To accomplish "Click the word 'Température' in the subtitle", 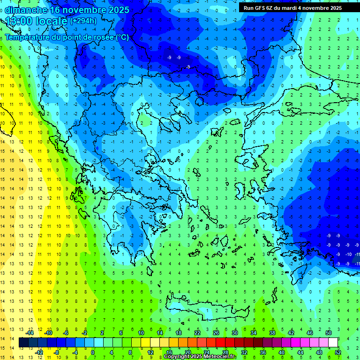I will (27, 37).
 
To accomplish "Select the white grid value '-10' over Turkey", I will (348, 254).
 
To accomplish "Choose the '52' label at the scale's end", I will (338, 352).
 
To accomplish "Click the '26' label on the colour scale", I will (216, 333).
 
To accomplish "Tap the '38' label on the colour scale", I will (272, 333).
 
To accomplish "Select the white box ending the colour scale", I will (333, 343).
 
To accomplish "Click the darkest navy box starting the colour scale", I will (23, 343).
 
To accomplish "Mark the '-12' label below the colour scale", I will (39, 352).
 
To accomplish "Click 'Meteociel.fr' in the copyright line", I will (225, 357).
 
